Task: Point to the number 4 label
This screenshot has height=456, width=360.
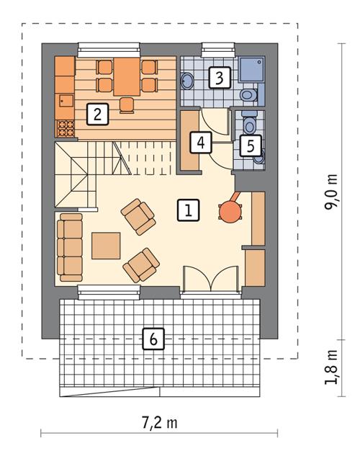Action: point(201,143)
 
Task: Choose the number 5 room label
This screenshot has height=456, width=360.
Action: point(249,145)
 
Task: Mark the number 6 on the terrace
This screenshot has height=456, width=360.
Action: point(152,339)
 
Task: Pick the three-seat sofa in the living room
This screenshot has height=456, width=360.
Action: point(71,247)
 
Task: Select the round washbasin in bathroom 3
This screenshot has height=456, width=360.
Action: point(186,79)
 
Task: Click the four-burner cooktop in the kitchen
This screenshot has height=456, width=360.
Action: point(65,129)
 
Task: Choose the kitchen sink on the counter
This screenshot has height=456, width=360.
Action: point(65,101)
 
